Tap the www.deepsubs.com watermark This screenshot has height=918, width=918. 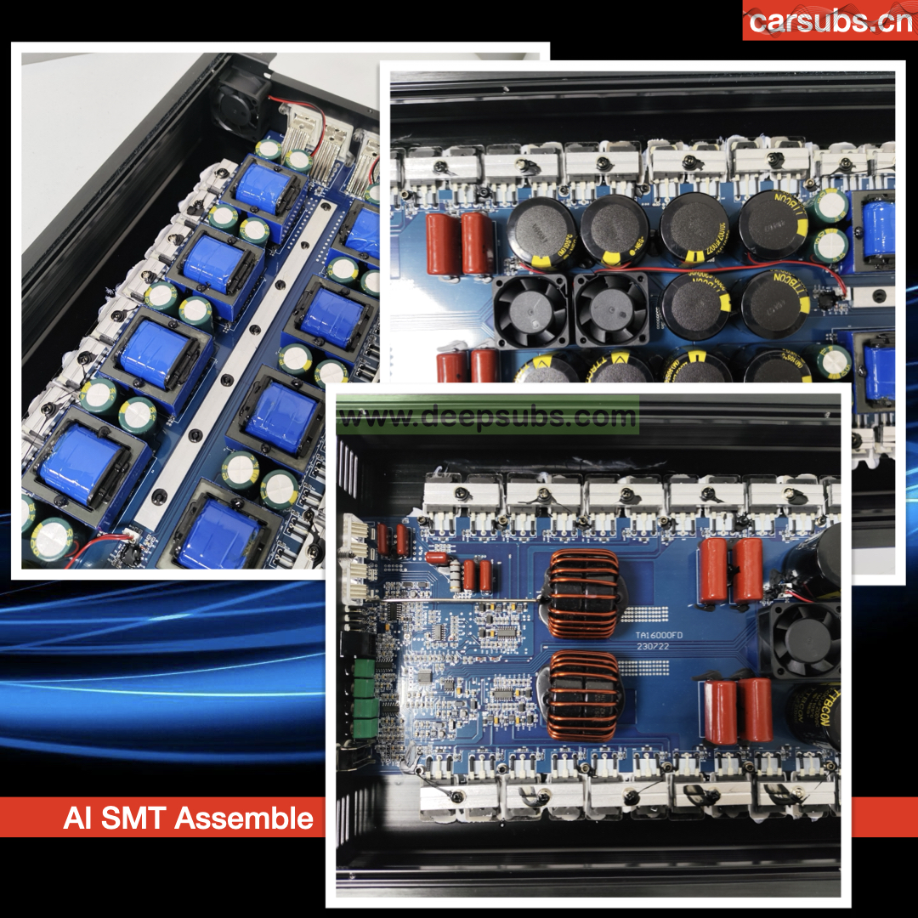coord(487,417)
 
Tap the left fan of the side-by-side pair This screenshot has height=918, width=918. coord(533,309)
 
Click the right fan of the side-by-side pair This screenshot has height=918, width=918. coord(612,309)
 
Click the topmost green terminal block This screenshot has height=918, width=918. coord(363,664)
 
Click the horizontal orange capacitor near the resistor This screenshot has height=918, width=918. coord(438,558)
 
